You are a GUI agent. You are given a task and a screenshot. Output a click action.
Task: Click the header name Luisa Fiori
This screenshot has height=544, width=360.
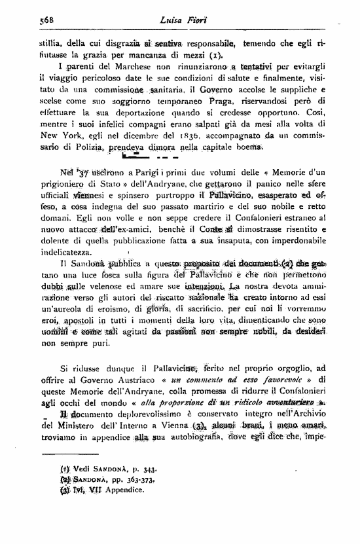(x=179, y=20)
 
